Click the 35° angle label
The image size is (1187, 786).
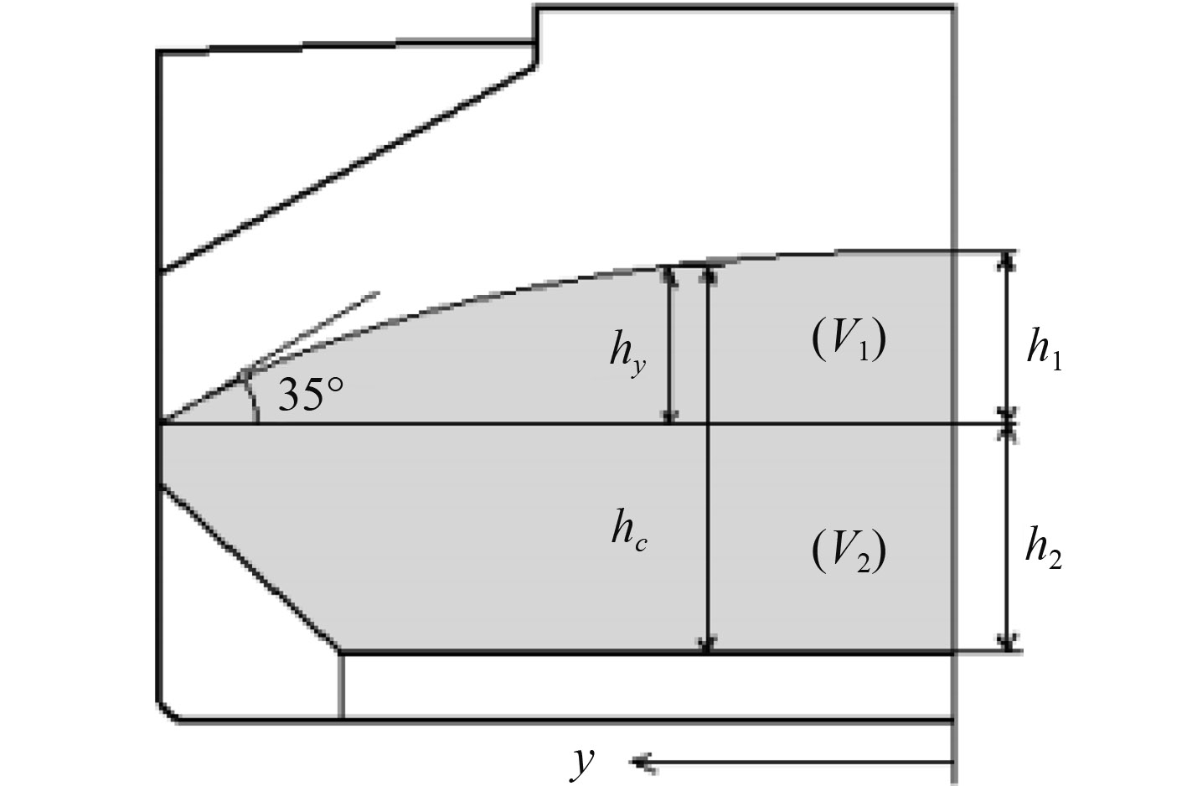(x=311, y=395)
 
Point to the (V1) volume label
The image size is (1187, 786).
(x=849, y=340)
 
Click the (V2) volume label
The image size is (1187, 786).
(x=849, y=552)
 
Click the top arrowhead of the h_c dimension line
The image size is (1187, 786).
(x=709, y=272)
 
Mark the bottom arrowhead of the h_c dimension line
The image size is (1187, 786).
(x=709, y=644)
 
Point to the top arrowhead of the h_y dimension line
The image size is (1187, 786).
(x=668, y=274)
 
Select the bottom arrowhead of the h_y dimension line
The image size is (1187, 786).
(x=668, y=416)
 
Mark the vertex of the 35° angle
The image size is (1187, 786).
(x=160, y=423)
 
